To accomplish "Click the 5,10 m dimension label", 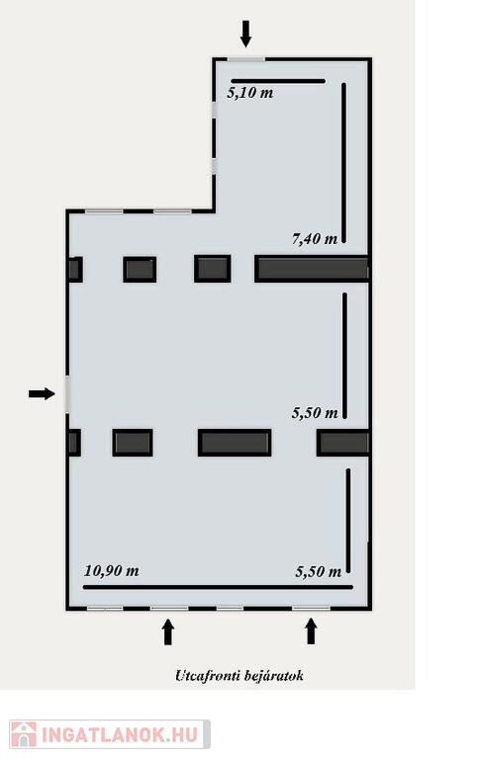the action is coord(250,93).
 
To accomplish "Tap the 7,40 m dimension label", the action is coord(315,238).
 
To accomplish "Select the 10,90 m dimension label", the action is coord(112,570).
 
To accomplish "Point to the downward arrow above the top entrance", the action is coord(246,34).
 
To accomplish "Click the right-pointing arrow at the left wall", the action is coord(42,393).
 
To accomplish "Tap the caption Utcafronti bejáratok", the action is coord(240,675).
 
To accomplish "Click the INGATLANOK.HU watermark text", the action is coord(120,734).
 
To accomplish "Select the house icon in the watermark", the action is coord(24,734).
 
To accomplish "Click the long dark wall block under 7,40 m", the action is coord(312,269).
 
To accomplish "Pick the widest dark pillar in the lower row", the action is coord(235,443).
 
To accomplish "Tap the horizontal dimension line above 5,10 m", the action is coord(278,81).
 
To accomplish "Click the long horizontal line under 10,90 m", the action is coord(218,587).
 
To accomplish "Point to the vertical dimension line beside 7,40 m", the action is coord(344,163).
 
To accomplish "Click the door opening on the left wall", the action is coord(67,394).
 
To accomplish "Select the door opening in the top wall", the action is coord(246,59).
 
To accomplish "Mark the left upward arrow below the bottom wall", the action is coord(168,632).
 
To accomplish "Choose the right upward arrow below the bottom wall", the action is coord(311,632).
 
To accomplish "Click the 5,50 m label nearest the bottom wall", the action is coord(318,571).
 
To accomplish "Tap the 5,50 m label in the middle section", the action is coord(315,412).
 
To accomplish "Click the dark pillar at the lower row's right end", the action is coord(343,443).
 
